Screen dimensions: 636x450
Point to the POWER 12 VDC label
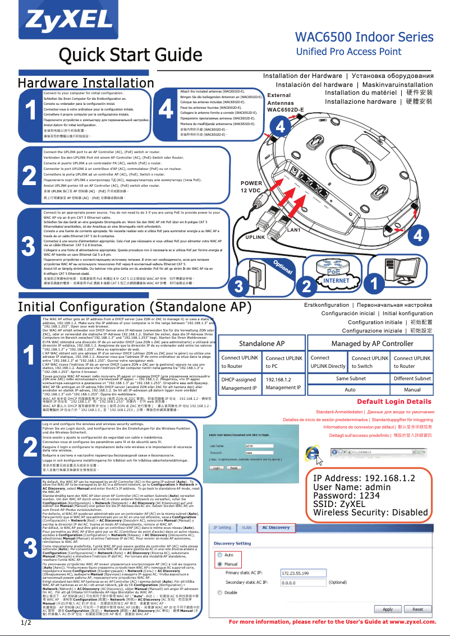(x=251, y=187)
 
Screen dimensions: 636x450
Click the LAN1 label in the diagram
(x=295, y=230)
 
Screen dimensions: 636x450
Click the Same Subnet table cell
(x=350, y=379)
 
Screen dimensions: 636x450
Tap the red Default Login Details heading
(x=394, y=402)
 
